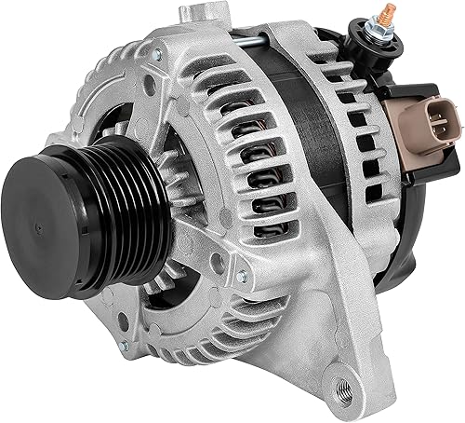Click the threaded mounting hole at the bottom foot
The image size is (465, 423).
point(352,382)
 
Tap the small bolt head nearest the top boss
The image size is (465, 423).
point(157,57)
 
